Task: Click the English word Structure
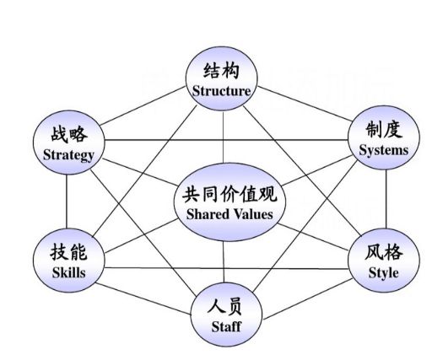[221, 91]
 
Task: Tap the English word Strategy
[68, 155]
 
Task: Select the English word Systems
[384, 151]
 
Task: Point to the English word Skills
[69, 272]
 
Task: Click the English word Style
[384, 273]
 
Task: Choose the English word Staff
[226, 326]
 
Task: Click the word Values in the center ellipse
[254, 214]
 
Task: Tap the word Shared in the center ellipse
[208, 214]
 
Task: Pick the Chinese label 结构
[221, 71]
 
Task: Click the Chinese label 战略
[69, 134]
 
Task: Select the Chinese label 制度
[384, 130]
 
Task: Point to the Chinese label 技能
[69, 251]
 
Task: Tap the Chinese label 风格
[384, 252]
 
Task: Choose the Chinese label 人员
[225, 306]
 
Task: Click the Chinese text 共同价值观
[229, 194]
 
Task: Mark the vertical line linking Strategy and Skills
[67, 201]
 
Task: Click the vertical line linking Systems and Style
[386, 199]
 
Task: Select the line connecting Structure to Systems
[305, 104]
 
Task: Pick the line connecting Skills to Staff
[143, 298]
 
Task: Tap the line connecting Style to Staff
[308, 299]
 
